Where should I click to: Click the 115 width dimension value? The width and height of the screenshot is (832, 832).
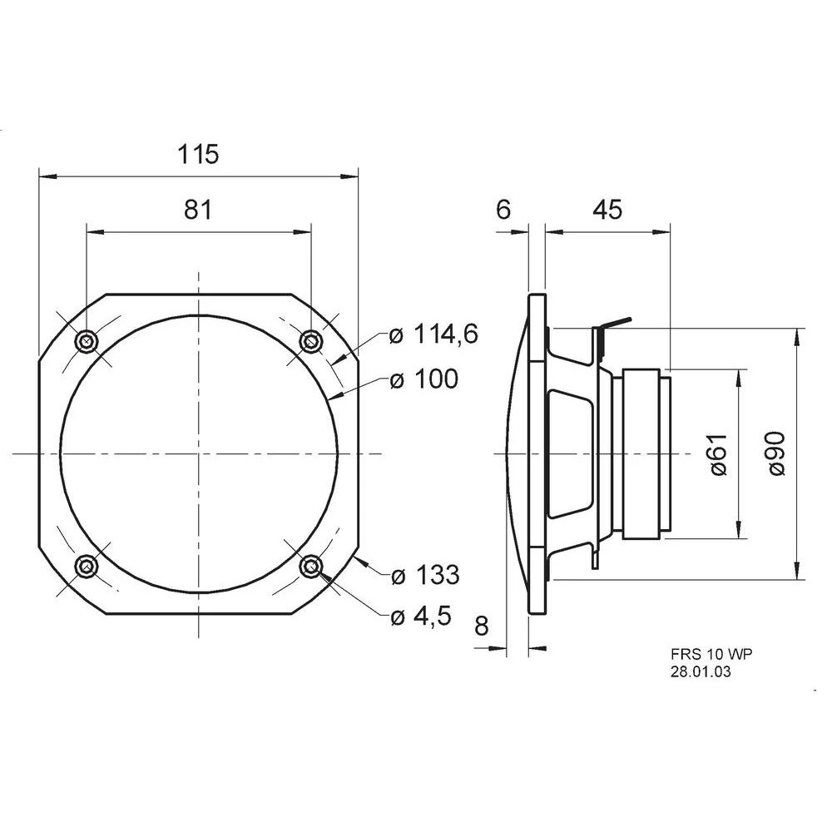tap(198, 154)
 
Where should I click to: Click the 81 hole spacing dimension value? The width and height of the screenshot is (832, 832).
tap(198, 210)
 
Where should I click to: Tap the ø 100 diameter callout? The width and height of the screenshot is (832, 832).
tap(423, 379)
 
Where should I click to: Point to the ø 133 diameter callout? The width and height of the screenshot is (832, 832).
tap(424, 574)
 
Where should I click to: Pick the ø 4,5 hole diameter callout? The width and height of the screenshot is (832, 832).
tap(421, 616)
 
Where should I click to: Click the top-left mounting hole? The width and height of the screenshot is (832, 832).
tap(86, 341)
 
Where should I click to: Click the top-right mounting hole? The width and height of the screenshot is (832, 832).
tap(310, 340)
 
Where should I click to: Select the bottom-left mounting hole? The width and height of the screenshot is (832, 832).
tap(86, 567)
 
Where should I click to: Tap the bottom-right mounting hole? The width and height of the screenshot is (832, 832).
tap(311, 567)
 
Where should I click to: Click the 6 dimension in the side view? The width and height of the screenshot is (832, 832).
tap(503, 210)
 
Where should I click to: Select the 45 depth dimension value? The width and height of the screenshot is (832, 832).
tap(607, 210)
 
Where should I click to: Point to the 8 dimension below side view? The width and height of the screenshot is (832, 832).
tap(481, 626)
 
